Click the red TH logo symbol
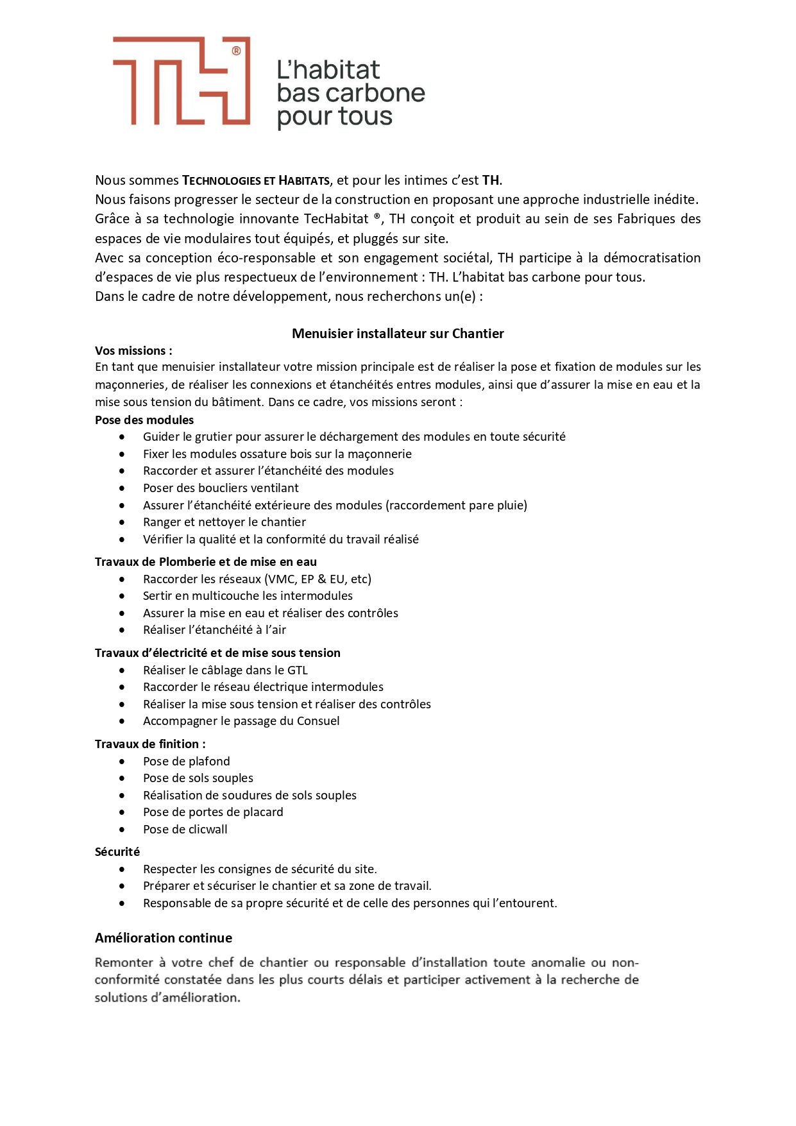pos(182,81)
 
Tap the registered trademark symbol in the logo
pos(236,51)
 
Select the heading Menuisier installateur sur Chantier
pos(398,334)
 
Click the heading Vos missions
pos(133,351)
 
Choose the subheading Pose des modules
pos(144,420)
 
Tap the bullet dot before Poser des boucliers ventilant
pos(122,488)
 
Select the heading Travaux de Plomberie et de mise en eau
pos(206,562)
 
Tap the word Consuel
pos(318,721)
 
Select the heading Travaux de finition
pos(150,744)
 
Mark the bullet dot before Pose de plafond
pos(122,762)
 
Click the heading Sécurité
pos(117,852)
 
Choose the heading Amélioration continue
pos(164,938)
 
